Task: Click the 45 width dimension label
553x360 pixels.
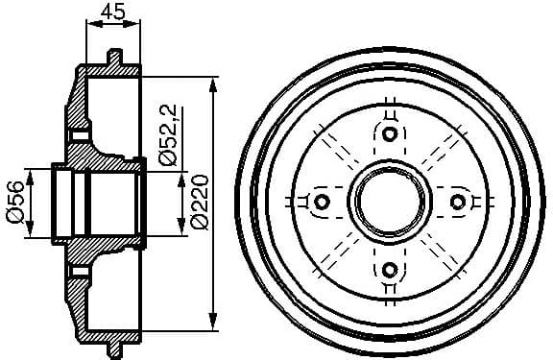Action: (111, 12)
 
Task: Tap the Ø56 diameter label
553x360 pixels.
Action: (14, 203)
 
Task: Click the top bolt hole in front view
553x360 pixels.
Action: (389, 133)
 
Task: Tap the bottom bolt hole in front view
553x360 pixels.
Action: (389, 269)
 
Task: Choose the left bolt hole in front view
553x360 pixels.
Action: (322, 202)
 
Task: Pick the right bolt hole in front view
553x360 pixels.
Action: (457, 202)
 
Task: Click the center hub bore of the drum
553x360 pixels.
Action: (389, 202)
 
